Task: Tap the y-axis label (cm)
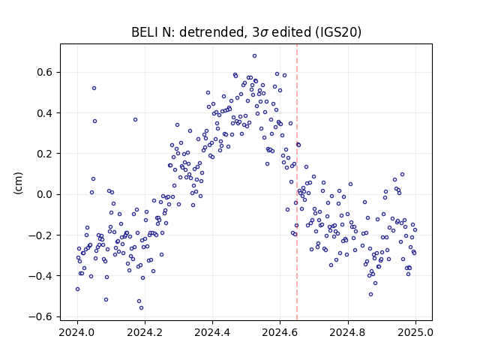[18, 183]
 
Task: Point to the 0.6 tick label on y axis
[44, 72]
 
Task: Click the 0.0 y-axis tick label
[44, 194]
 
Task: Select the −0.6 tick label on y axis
[40, 316]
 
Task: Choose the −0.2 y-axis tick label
[40, 235]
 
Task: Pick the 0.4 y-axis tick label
[44, 113]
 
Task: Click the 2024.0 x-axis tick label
[77, 332]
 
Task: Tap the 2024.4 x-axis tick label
[212, 332]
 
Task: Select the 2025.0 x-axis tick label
[415, 332]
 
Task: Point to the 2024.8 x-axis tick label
[348, 332]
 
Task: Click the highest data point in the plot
[254, 56]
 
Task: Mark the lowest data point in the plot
[141, 308]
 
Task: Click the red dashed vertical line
[297, 182]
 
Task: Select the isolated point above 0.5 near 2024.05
[94, 88]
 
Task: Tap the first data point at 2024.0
[77, 289]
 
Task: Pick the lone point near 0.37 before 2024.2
[135, 120]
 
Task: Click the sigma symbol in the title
[264, 33]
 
